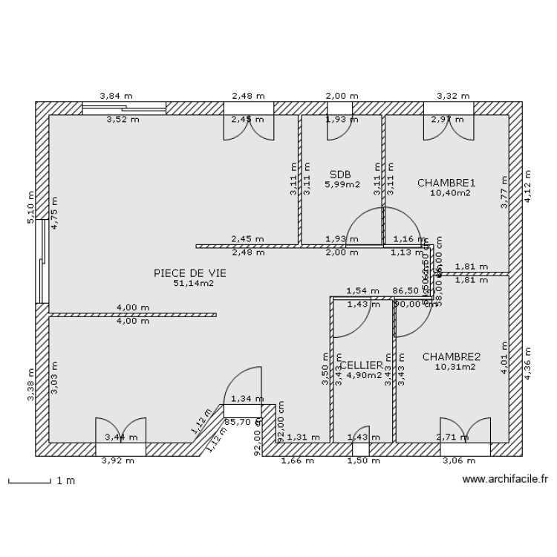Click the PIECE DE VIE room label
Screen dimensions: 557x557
point(189,273)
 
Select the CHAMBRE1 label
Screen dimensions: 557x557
point(446,183)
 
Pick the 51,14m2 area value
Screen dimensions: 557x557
point(189,283)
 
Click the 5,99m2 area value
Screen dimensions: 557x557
point(342,184)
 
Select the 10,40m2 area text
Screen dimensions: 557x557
point(450,192)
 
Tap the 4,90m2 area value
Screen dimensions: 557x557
point(364,375)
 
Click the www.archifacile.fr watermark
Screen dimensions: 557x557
point(505,480)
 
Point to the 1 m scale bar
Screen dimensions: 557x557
point(42,481)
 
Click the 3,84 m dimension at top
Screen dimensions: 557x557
point(117,96)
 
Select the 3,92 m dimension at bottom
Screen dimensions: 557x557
point(118,460)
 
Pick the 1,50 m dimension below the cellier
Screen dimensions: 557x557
point(359,460)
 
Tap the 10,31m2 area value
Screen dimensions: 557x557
point(455,367)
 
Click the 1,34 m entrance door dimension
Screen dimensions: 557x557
point(247,399)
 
